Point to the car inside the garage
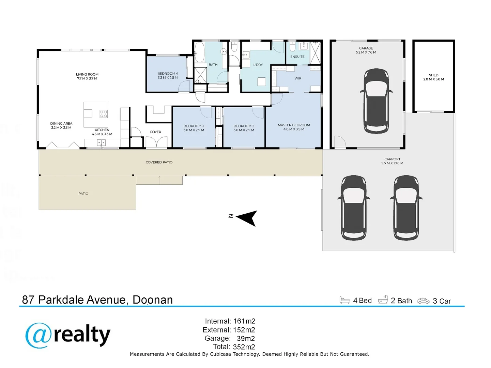376,101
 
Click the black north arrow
246,218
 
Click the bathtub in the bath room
199,52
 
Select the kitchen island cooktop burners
104,114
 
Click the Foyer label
155,132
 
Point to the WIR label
298,78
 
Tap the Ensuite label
297,57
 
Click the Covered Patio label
159,162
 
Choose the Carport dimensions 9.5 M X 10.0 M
392,163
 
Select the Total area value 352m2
244,347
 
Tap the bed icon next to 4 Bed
344,300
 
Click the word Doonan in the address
153,300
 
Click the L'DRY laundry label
258,65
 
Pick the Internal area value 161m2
244,321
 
